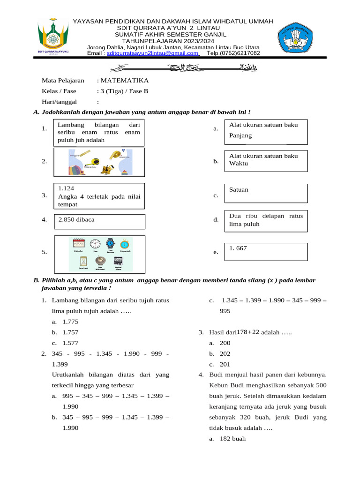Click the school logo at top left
(x=53, y=38)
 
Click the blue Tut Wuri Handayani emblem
(x=298, y=39)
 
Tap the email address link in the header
(x=153, y=53)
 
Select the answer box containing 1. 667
(x=266, y=251)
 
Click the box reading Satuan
(x=266, y=193)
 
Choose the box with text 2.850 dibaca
(x=99, y=221)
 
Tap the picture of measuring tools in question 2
(x=99, y=162)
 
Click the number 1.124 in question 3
(x=66, y=188)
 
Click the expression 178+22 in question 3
(x=248, y=332)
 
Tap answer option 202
(x=225, y=353)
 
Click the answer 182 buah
(x=232, y=439)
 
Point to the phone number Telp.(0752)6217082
(x=233, y=53)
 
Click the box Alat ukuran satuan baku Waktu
(x=266, y=160)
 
